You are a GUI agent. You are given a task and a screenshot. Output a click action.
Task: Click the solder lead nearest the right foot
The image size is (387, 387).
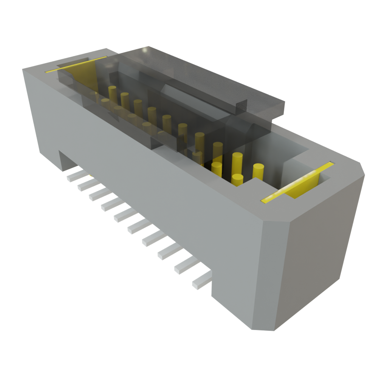(x=201, y=282)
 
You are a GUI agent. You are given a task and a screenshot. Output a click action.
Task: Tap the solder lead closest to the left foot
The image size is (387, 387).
(x=74, y=176)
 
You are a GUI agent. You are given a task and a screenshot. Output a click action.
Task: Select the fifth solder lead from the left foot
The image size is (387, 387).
(x=123, y=216)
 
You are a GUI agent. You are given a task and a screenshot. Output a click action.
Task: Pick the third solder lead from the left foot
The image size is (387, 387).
(x=98, y=195)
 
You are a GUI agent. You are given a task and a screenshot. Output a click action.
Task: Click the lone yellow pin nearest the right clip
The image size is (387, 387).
(x=258, y=171)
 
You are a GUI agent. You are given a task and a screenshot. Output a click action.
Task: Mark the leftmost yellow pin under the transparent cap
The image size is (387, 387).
(x=112, y=93)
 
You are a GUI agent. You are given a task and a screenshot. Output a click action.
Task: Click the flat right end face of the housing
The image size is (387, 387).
(x=317, y=246)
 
